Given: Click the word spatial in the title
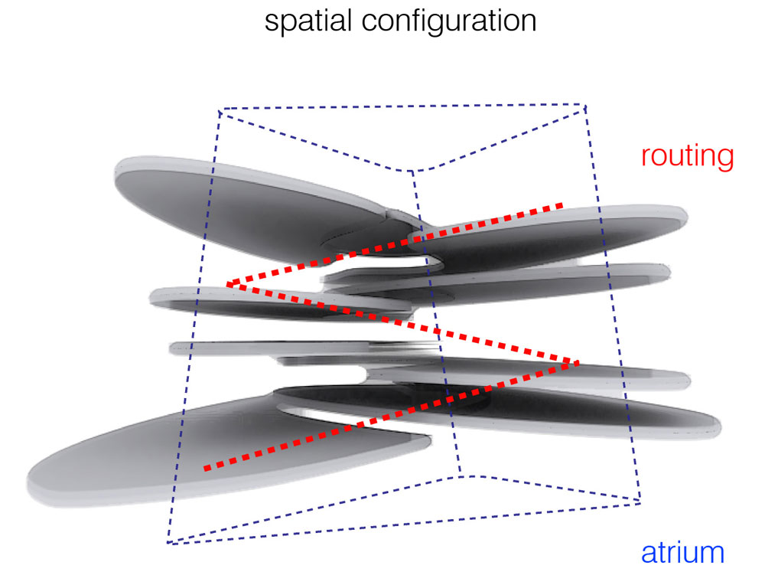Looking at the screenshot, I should coord(308,21).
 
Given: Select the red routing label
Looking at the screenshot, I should coord(687,155).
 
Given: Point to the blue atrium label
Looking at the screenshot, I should coord(682,553).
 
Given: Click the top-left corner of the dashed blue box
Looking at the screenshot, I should coord(220,112).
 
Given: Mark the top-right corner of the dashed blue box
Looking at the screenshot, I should coord(585,105).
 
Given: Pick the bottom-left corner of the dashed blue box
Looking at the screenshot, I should coord(168,544).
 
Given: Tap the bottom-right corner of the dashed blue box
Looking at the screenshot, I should coord(640,502).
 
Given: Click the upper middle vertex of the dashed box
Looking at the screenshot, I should coord(412,172).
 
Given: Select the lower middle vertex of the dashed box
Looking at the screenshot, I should coord(461,474).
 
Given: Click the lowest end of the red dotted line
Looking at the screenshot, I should coord(205,467).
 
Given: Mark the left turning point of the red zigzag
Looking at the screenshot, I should coord(229,285).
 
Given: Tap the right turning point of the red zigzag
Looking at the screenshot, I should coord(578,361).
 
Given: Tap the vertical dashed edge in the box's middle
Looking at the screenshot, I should coord(436,322).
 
